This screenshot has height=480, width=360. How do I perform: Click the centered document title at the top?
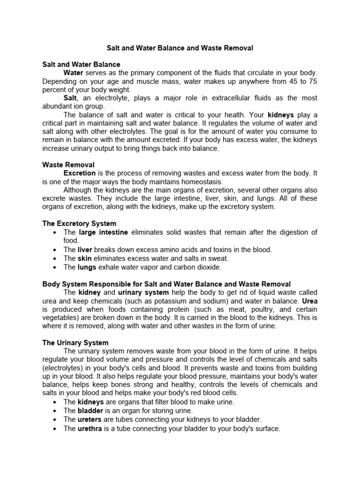click(x=180, y=48)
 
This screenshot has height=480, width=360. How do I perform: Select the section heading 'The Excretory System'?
click(x=79, y=224)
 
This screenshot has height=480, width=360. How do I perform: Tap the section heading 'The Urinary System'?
click(x=75, y=343)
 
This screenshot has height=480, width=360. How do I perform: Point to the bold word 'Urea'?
click(x=310, y=300)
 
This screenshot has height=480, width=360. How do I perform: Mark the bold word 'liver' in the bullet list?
click(x=85, y=250)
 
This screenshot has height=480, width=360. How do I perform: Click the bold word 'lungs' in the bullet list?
click(x=87, y=267)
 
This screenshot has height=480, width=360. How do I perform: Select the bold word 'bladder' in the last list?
click(x=90, y=411)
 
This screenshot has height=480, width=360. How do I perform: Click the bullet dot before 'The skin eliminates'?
click(x=55, y=259)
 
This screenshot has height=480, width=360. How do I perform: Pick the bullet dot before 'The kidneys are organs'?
click(x=55, y=402)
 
